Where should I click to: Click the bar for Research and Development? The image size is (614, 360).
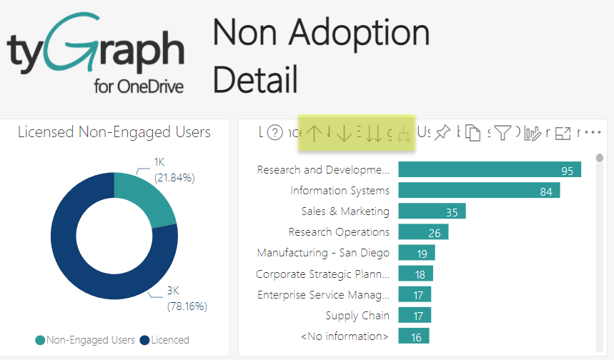coord(489,170)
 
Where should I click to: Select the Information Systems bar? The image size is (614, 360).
coord(478,191)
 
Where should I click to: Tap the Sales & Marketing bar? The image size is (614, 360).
coord(432,211)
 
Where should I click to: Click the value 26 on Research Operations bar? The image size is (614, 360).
coord(434,232)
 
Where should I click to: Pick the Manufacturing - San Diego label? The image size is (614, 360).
coord(323,253)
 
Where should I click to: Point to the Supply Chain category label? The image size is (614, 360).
coord(357,315)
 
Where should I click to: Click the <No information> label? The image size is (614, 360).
coord(345,336)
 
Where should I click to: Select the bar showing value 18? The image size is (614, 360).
coord(415,274)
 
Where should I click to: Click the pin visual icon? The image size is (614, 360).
coord(442,133)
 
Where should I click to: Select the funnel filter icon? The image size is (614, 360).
coord(503,133)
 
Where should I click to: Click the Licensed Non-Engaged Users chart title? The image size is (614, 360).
coord(114,132)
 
